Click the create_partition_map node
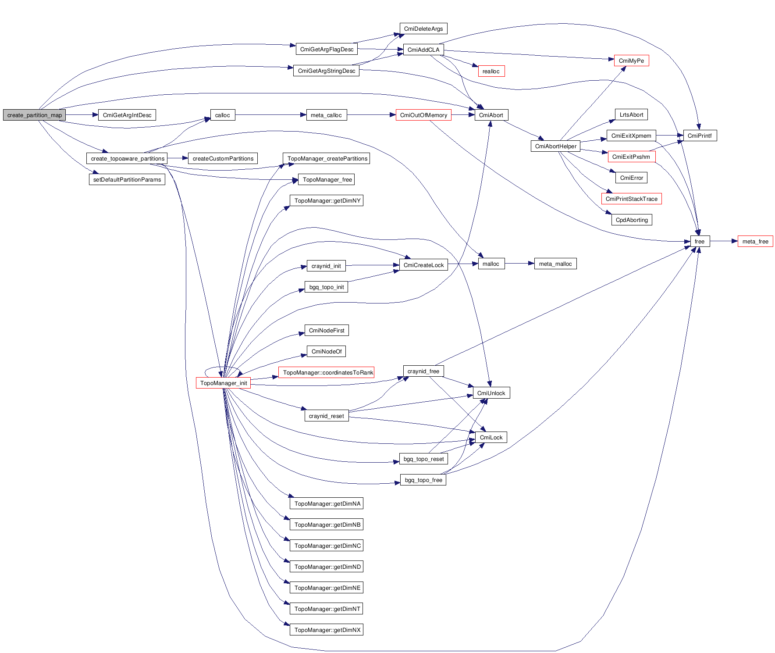[x=34, y=115]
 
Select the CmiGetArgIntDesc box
[x=127, y=115]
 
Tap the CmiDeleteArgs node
[x=423, y=29]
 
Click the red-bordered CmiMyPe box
[x=631, y=61]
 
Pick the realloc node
[x=491, y=71]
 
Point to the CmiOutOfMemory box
[x=423, y=115]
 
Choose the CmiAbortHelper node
[x=555, y=146]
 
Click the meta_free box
[x=755, y=241]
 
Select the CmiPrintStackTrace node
[x=631, y=199]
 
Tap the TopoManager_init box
[x=223, y=383]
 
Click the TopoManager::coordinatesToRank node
[x=327, y=372]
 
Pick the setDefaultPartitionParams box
[x=127, y=179]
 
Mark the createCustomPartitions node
[x=223, y=158]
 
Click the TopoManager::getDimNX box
[x=327, y=630]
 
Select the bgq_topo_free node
[x=423, y=480]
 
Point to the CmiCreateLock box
[x=423, y=265]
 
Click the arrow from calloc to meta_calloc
[x=270, y=115]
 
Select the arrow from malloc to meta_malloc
[x=519, y=264]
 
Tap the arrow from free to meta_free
[x=723, y=241]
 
